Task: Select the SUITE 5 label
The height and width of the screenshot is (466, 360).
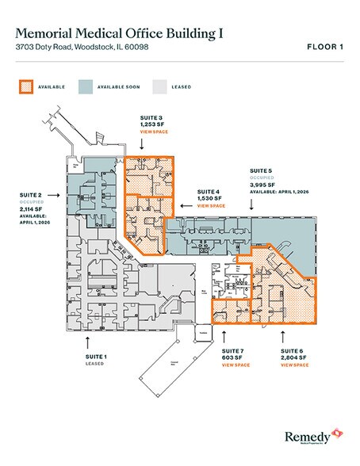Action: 261,171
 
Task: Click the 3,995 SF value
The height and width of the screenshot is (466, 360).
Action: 262,185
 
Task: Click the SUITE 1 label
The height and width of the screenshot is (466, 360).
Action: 96,357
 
